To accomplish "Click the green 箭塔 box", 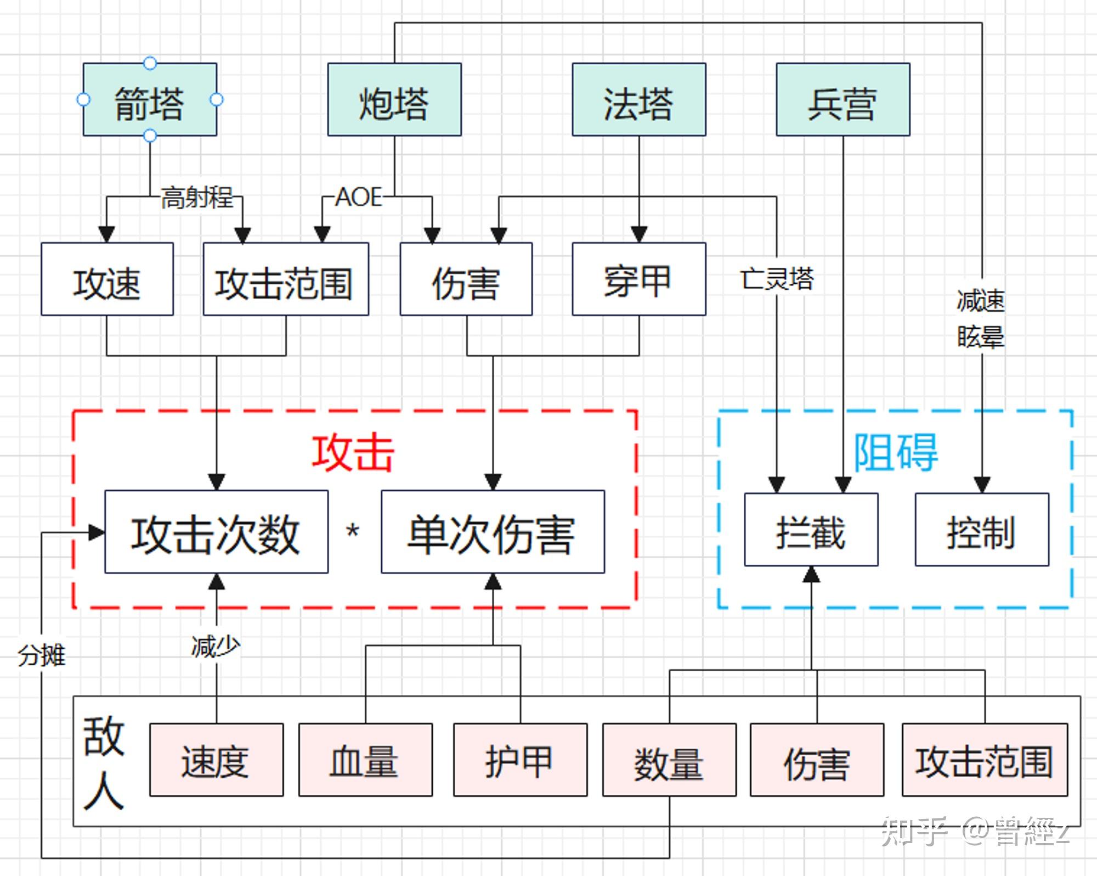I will pos(150,100).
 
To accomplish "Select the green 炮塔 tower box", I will pos(394,100).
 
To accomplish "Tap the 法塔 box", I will pos(638,100).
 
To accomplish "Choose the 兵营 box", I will pos(842,100).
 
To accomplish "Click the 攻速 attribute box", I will pos(107,279).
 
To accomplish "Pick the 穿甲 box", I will pos(638,279).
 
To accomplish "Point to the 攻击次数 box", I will pos(216,532).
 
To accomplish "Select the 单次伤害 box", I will pos(493,532).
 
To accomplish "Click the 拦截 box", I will pos(811,530).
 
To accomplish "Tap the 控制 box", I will pos(981,530).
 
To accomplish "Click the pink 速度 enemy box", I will pos(216,760).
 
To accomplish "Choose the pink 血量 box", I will pos(365,760).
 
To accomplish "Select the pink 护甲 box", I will pos(520,760).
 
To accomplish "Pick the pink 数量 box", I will pos(669,760).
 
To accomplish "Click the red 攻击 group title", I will pos(353,453).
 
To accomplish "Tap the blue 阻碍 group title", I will pos(895,453).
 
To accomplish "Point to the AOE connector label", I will pos(358,197).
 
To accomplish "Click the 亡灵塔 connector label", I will pos(777,279).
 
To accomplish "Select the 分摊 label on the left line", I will pos(42,655).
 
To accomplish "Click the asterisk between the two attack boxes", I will pos(353,531).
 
